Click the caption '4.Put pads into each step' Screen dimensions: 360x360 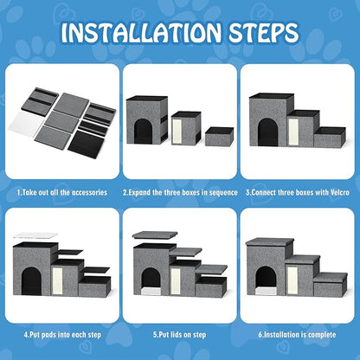coord(61,331)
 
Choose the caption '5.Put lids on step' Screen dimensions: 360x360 coord(179,331)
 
